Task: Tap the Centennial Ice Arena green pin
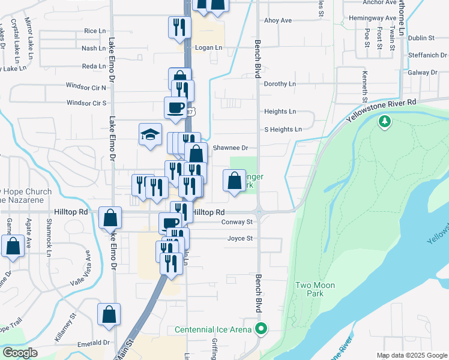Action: pyautogui.click(x=261, y=329)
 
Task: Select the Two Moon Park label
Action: pyautogui.click(x=315, y=289)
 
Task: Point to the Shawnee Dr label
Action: pyautogui.click(x=231, y=147)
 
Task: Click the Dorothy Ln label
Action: pyautogui.click(x=280, y=84)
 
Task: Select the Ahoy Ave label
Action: pyautogui.click(x=278, y=20)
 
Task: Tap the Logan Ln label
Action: pyautogui.click(x=208, y=47)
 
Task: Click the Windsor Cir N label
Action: pyautogui.click(x=86, y=86)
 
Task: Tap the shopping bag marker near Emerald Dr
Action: pyautogui.click(x=109, y=314)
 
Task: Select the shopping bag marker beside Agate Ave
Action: pyautogui.click(x=13, y=246)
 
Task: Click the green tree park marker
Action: pyautogui.click(x=384, y=122)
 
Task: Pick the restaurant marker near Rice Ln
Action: pyautogui.click(x=178, y=27)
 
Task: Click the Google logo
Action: pyautogui.click(x=20, y=353)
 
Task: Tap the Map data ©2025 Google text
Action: pyautogui.click(x=411, y=355)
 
